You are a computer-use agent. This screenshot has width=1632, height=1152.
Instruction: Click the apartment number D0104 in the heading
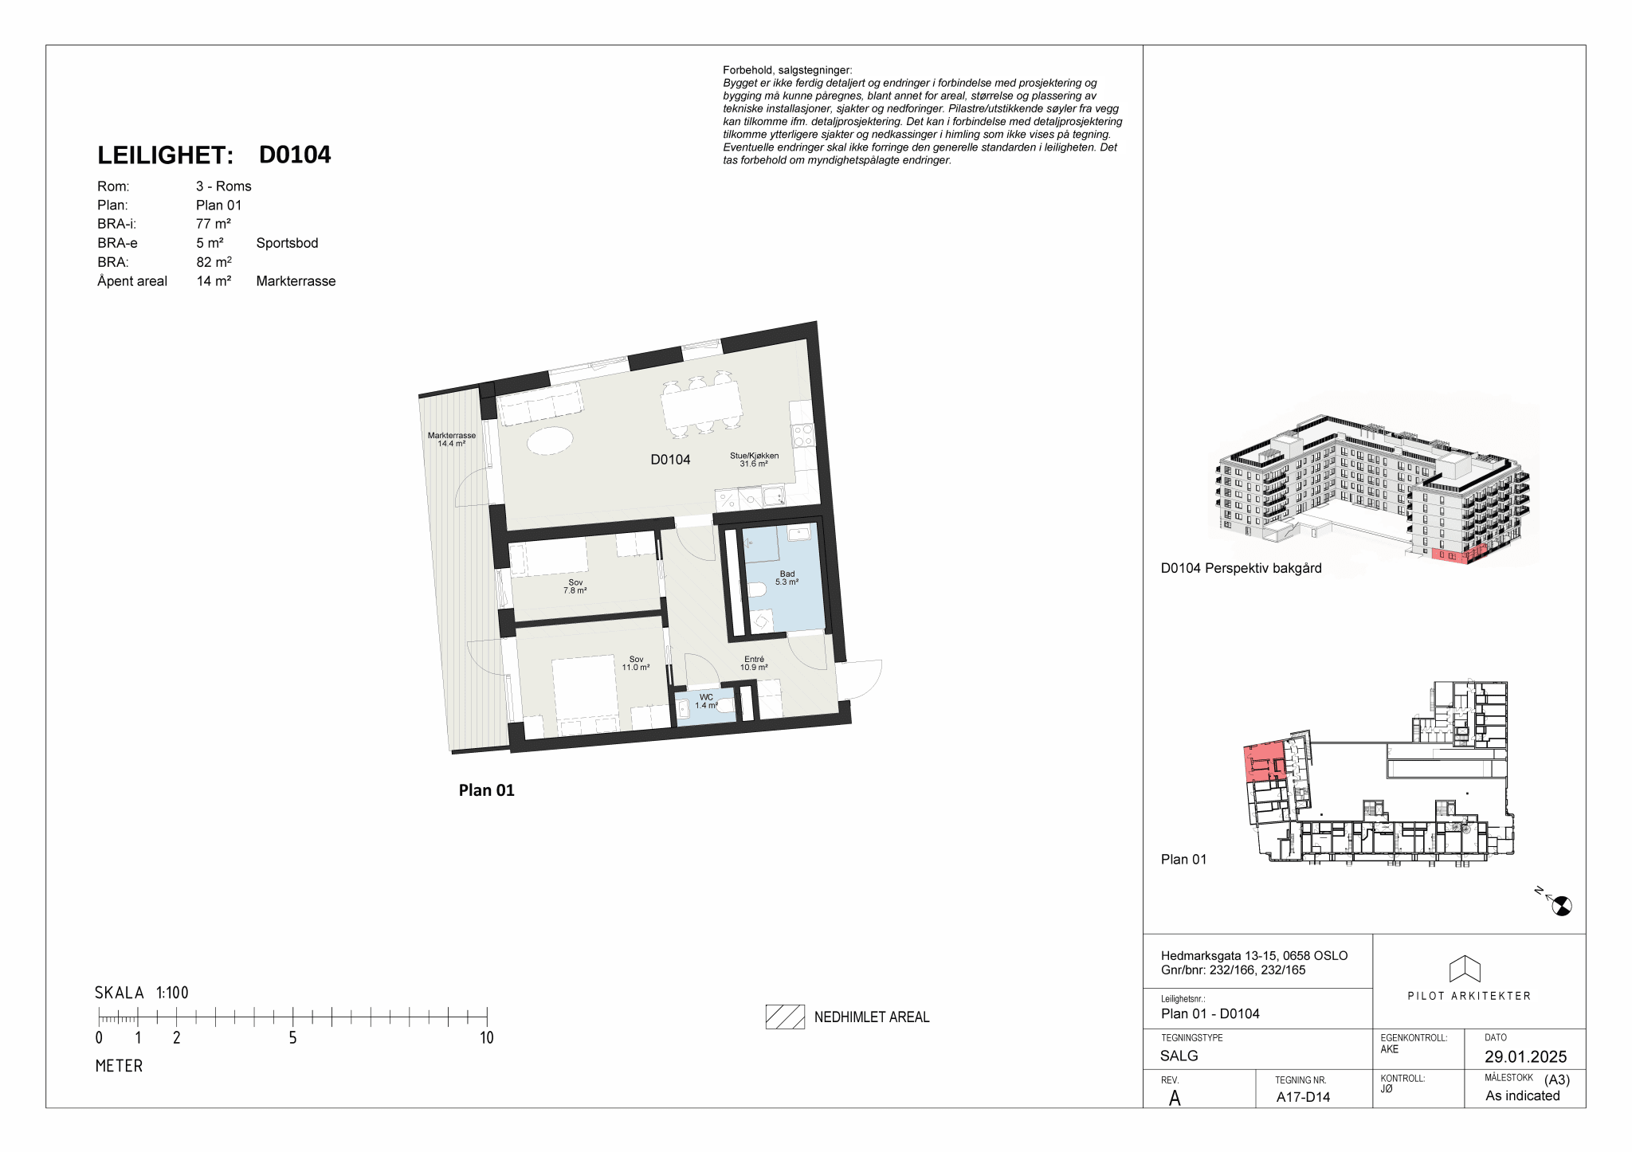(x=295, y=155)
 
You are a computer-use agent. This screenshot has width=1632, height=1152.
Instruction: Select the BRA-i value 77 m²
(x=214, y=224)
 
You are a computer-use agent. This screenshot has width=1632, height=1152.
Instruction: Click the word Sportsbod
(x=287, y=243)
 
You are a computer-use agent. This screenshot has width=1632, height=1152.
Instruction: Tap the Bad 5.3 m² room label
(x=787, y=578)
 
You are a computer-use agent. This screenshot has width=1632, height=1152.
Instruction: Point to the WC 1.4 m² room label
(x=706, y=701)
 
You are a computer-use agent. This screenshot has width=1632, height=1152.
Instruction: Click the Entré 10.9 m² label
(x=754, y=663)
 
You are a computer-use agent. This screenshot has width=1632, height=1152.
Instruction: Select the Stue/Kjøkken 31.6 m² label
(x=754, y=460)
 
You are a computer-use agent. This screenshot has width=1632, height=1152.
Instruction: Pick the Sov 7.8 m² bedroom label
(x=575, y=586)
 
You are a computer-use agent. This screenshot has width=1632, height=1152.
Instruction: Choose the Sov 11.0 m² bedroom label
(x=636, y=663)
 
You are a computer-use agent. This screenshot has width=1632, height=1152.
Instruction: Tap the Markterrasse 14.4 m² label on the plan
(x=452, y=439)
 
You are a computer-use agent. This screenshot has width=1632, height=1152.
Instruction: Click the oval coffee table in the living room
(x=550, y=441)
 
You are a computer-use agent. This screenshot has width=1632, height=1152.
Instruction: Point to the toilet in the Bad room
(x=757, y=590)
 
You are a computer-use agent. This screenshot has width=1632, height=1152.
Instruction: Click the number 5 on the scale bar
(x=292, y=1037)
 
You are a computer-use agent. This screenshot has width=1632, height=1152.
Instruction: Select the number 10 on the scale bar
(x=487, y=1037)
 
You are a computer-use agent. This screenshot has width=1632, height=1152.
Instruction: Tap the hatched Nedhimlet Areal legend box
(x=785, y=1017)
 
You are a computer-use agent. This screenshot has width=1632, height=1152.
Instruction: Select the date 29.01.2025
(x=1525, y=1056)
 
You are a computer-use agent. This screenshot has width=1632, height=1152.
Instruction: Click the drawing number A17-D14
(x=1303, y=1097)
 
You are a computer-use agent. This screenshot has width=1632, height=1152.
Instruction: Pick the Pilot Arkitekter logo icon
(x=1465, y=969)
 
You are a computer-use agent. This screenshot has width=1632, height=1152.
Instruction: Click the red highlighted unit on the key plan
(x=1262, y=761)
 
